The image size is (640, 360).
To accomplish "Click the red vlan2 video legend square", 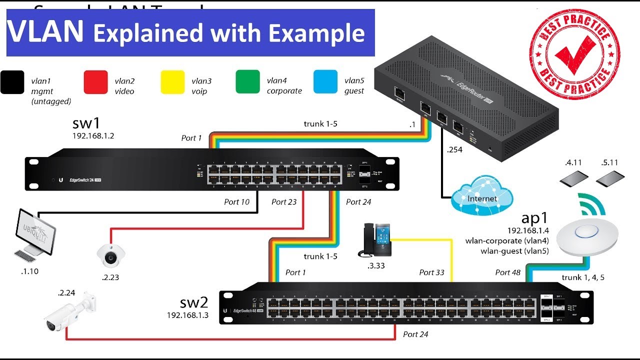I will click(96, 82).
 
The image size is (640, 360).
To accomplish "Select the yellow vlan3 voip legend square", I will click(172, 82).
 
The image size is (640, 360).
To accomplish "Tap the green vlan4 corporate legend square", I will click(248, 82).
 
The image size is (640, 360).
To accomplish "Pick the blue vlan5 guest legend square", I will click(325, 82).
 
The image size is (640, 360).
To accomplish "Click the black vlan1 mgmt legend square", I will click(12, 82).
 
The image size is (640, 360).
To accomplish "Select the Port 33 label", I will click(431, 272).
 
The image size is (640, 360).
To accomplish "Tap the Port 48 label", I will click(508, 272).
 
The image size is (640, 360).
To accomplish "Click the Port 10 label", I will click(236, 202).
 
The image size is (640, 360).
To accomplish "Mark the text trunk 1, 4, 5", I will click(582, 277).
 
